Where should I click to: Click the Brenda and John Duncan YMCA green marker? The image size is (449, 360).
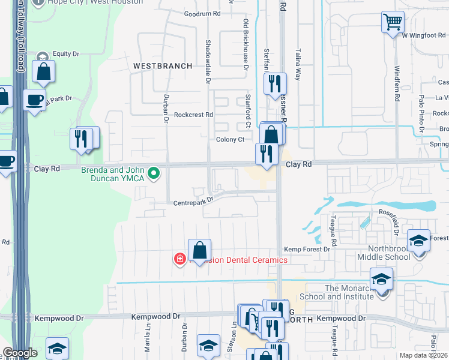click(x=154, y=174)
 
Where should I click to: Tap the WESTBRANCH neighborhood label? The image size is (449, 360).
click(x=163, y=65)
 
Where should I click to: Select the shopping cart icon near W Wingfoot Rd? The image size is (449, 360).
click(x=392, y=23)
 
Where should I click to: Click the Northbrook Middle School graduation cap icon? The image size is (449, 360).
click(x=419, y=241)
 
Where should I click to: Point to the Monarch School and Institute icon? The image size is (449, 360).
click(x=381, y=280)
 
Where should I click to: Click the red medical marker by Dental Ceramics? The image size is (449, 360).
click(x=179, y=259)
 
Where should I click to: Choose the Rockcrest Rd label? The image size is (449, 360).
click(x=193, y=115)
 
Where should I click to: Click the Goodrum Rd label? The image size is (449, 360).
click(x=202, y=13)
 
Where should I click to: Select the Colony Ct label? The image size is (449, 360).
click(x=231, y=140)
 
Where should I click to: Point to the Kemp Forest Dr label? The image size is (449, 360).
click(x=307, y=249)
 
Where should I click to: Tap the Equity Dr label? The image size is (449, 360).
click(x=66, y=54)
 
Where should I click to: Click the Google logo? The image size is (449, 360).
click(x=20, y=353)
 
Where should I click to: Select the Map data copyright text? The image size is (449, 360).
click(x=423, y=355)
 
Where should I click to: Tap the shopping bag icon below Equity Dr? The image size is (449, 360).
click(x=44, y=72)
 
